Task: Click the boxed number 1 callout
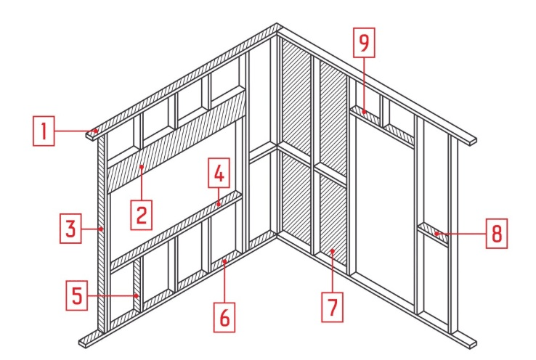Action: tap(44, 131)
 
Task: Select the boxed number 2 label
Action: tap(142, 215)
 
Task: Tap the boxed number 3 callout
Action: tap(70, 229)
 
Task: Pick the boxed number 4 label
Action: tap(219, 173)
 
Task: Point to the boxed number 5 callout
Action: tap(77, 295)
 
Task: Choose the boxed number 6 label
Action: tap(224, 317)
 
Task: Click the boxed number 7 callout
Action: tap(332, 307)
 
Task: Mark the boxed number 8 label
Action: tap(497, 234)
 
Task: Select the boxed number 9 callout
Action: tap(364, 43)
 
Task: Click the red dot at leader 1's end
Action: tap(96, 131)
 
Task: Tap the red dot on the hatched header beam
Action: tap(142, 167)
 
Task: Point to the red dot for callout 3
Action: tap(102, 229)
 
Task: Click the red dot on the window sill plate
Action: tap(219, 205)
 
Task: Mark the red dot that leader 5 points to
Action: tap(137, 295)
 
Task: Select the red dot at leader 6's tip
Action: tap(224, 261)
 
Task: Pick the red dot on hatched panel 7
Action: tap(332, 251)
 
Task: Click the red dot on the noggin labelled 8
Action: tap(436, 234)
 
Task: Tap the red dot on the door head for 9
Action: tap(365, 111)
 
